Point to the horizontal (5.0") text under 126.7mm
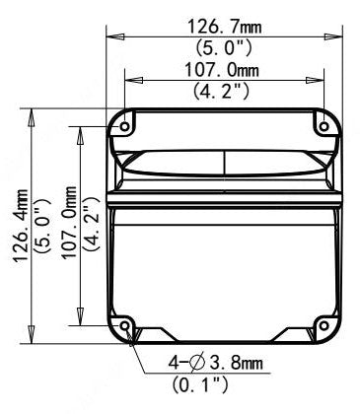tap(226, 44)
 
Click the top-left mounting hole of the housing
tap(125, 124)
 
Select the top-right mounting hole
tap(324, 124)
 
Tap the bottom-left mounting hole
tap(125, 326)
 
